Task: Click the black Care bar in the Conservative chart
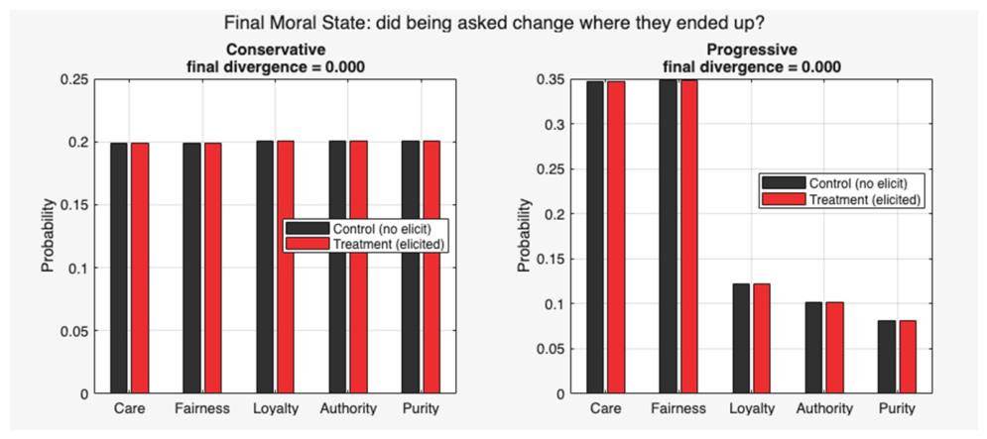click(119, 269)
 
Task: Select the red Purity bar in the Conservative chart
click(432, 268)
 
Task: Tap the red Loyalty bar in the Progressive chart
click(762, 339)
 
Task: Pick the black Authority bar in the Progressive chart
click(813, 348)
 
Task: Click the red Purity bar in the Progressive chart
click(908, 357)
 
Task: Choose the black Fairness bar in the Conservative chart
click(192, 269)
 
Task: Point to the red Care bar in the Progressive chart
click(616, 238)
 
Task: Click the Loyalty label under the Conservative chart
click(275, 409)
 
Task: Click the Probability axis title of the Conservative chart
click(49, 237)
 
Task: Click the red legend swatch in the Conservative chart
click(308, 244)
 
